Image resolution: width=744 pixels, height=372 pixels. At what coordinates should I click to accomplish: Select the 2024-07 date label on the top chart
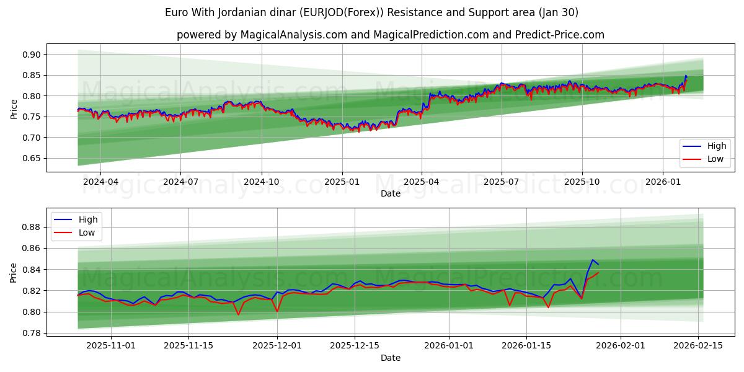(180, 182)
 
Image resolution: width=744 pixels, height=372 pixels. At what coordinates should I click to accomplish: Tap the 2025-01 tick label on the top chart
(342, 182)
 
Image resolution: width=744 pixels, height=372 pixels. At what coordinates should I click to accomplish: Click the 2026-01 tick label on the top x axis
(663, 182)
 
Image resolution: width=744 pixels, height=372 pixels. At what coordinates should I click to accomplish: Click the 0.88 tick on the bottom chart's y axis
(31, 227)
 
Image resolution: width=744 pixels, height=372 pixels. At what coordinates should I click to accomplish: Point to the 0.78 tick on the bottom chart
(31, 333)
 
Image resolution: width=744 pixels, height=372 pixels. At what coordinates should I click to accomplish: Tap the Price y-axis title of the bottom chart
(14, 272)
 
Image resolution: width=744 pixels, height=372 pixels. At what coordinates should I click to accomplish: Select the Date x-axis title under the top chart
(391, 193)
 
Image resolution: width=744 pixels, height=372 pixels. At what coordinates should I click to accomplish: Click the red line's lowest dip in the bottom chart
(238, 314)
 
